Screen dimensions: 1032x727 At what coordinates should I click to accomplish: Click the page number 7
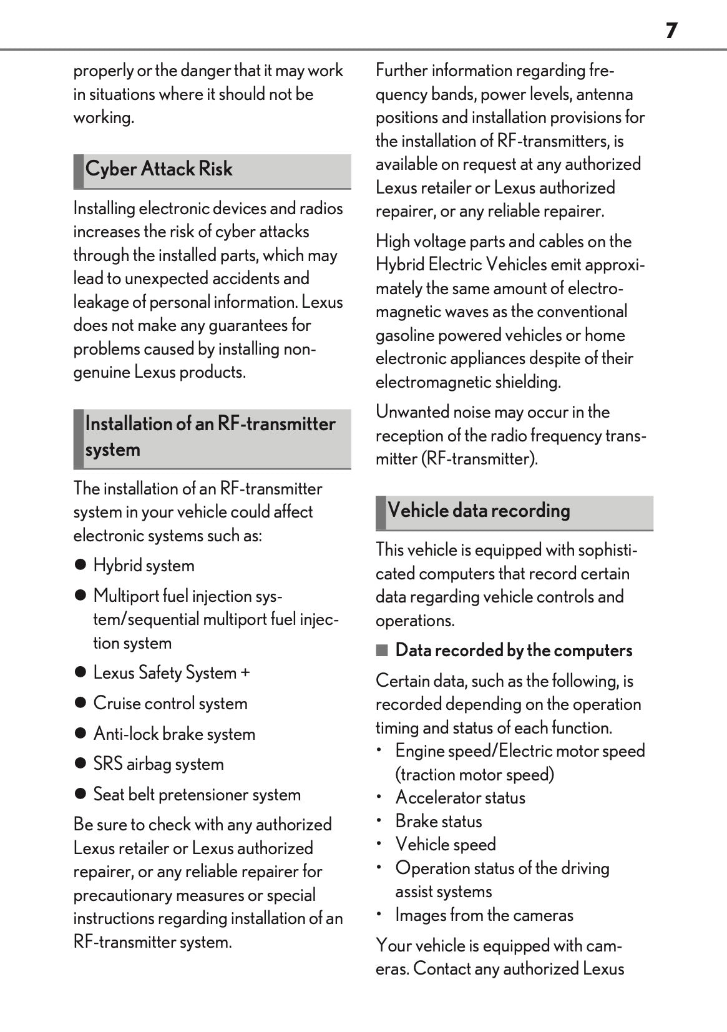coord(671,30)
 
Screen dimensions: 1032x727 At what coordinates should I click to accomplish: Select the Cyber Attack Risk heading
coord(159,169)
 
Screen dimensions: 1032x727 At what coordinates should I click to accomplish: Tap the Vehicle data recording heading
coord(479,511)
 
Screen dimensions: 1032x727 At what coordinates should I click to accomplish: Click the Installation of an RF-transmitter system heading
coord(210,436)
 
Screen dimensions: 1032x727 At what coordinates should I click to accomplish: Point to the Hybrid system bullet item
coord(144,566)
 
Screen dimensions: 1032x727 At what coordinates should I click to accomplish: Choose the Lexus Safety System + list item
coord(171,673)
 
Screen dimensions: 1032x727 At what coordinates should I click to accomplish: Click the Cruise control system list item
coord(170,704)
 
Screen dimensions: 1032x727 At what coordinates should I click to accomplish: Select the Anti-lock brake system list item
coord(174,734)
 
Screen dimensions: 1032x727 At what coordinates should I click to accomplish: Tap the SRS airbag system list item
coord(159,764)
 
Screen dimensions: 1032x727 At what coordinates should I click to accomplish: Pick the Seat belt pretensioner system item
coord(197,795)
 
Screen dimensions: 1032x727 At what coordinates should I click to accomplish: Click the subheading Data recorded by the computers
coord(514,651)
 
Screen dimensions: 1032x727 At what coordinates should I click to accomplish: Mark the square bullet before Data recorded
coord(381,651)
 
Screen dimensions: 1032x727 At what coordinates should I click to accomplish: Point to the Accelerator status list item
coord(460,798)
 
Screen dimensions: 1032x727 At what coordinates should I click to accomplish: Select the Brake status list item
coord(439,822)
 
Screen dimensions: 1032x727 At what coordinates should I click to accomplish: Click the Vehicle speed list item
coord(446,845)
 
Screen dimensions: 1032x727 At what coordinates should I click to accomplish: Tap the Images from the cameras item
coord(484,915)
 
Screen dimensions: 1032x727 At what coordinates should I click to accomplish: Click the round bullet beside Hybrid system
coord(80,566)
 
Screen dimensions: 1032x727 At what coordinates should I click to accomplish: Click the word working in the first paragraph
coord(102,117)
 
